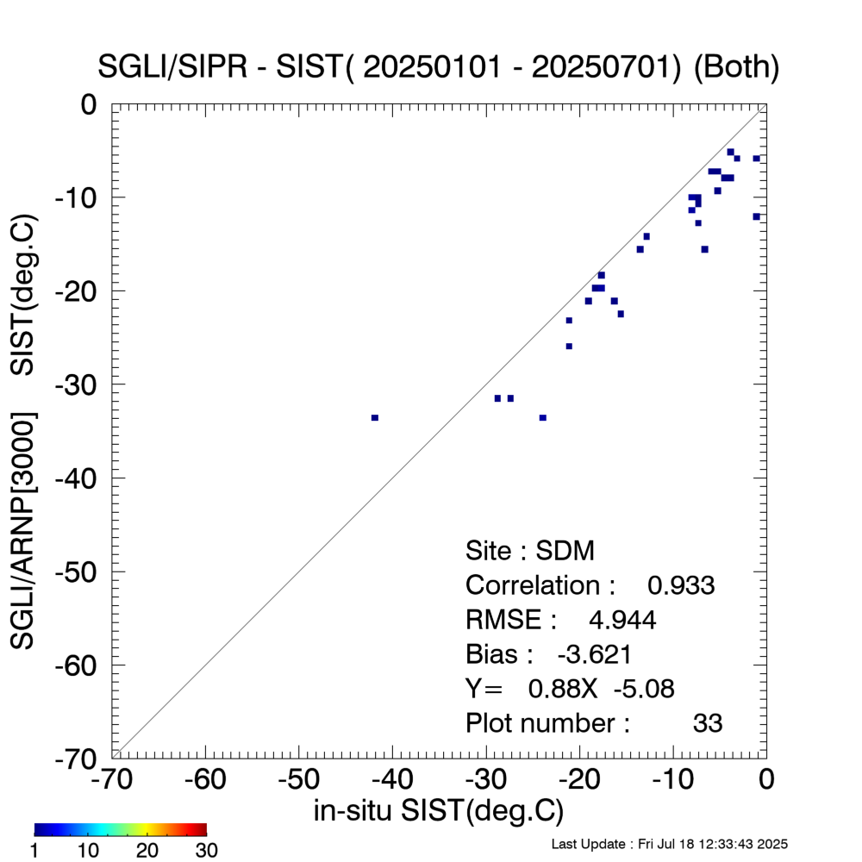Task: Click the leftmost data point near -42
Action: pyautogui.click(x=375, y=417)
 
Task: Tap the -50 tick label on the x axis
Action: pyautogui.click(x=299, y=780)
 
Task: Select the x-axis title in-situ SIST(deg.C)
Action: pyautogui.click(x=439, y=811)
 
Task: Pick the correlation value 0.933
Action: pyautogui.click(x=681, y=585)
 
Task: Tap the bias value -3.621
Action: pyautogui.click(x=595, y=654)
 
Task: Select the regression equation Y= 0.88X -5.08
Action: pyautogui.click(x=570, y=688)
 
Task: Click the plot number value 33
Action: pyautogui.click(x=707, y=722)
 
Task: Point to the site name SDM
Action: pyautogui.click(x=565, y=551)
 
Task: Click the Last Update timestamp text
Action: pyautogui.click(x=669, y=843)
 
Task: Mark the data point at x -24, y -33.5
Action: pyautogui.click(x=543, y=417)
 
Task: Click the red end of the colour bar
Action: pyautogui.click(x=202, y=829)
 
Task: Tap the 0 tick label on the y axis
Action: pyautogui.click(x=90, y=104)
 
